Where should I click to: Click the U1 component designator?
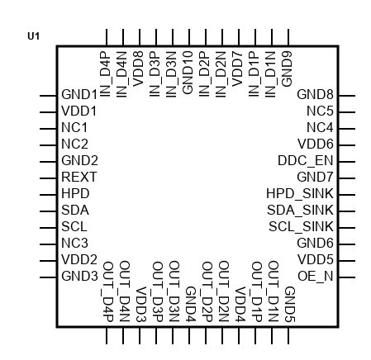click(34, 36)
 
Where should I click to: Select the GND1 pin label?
click(79, 94)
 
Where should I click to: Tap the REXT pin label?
click(79, 177)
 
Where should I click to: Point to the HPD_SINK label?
click(300, 194)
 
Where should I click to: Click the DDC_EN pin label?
click(306, 161)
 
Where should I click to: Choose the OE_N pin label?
click(316, 277)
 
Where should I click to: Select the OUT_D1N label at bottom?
click(273, 291)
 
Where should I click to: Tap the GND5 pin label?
click(290, 305)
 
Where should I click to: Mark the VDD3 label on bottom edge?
click(141, 305)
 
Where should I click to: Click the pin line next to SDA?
click(48, 211)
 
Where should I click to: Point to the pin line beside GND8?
click(347, 96)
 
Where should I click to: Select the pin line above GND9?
click(288, 37)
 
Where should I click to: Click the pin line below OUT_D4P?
click(107, 336)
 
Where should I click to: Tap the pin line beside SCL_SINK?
click(347, 228)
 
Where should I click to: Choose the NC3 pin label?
click(74, 243)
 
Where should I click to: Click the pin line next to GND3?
click(48, 277)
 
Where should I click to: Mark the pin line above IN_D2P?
click(206, 37)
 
